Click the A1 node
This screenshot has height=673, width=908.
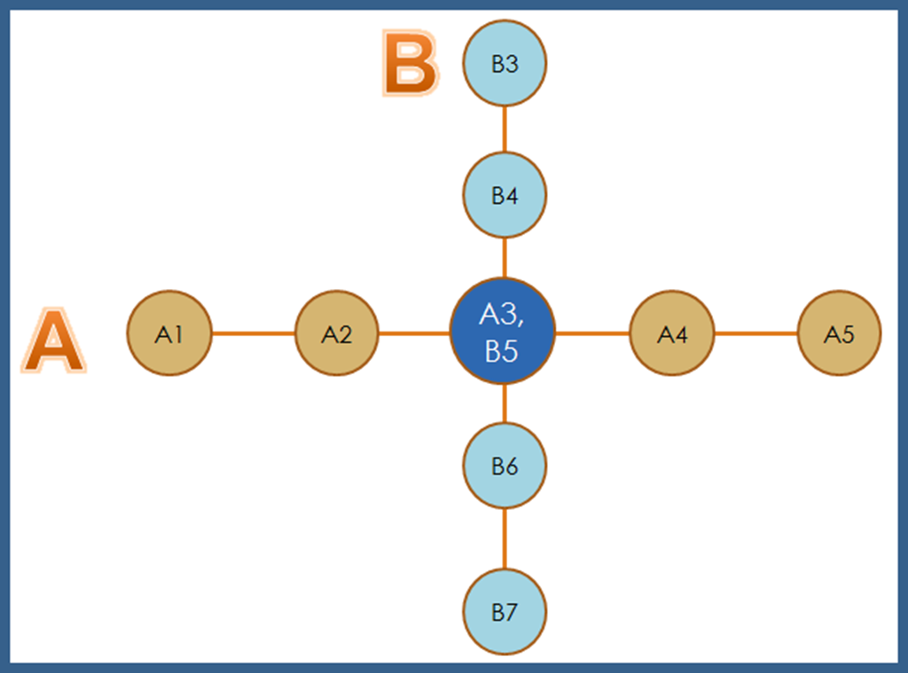click(169, 333)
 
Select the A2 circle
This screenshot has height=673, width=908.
click(336, 333)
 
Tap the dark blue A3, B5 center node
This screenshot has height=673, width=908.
click(503, 332)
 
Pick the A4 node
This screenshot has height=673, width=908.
click(672, 333)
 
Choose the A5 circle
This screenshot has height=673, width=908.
click(839, 333)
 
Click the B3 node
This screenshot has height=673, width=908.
click(505, 64)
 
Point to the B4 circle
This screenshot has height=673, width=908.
click(505, 195)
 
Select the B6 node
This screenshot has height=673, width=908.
click(505, 466)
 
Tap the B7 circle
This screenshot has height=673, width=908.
click(505, 612)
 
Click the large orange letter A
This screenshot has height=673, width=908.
click(53, 342)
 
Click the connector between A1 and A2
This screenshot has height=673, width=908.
click(253, 333)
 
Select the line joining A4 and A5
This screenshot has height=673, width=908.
click(755, 333)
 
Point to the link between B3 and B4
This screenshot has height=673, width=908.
click(505, 129)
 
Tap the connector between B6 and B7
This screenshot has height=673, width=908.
click(505, 539)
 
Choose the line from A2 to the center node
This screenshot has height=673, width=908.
click(414, 333)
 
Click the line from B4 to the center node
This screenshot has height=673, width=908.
click(505, 258)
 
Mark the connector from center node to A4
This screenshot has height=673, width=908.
click(592, 333)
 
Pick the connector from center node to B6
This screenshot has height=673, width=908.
click(505, 404)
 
